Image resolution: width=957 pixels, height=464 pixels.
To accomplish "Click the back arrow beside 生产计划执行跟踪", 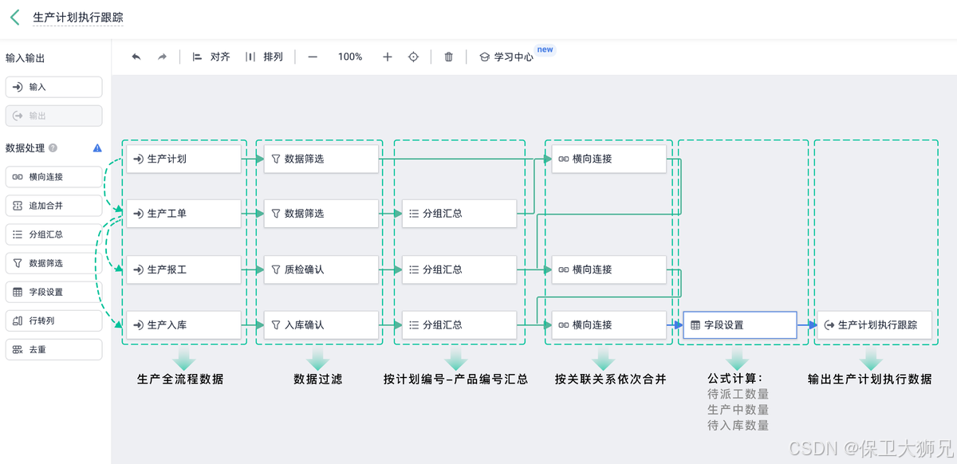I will [x=15, y=18].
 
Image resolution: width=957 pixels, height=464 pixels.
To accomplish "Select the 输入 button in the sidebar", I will [x=53, y=87].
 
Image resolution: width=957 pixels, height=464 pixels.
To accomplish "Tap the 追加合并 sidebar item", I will [x=53, y=206].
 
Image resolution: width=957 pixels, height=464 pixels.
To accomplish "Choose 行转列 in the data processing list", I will [x=53, y=320].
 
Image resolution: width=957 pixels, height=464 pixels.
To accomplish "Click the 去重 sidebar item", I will [x=53, y=349].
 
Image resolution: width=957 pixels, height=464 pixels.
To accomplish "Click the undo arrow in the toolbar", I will [x=136, y=57].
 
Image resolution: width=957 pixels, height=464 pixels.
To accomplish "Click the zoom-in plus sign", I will [x=388, y=57].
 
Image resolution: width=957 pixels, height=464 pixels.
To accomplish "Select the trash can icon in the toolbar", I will [x=449, y=57].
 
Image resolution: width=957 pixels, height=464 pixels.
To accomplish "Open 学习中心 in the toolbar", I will [x=506, y=57].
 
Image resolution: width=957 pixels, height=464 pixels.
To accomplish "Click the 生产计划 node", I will [x=183, y=159].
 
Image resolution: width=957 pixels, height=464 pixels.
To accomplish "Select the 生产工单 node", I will [x=183, y=214].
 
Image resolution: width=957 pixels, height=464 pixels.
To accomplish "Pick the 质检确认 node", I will [x=321, y=269].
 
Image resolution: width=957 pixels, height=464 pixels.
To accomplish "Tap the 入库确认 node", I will [x=321, y=325].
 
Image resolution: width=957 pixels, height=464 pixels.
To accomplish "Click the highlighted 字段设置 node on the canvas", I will [x=739, y=325].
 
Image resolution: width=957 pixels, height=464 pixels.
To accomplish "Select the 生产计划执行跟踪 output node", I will [x=874, y=325].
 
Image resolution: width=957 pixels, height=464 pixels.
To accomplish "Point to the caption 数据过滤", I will [x=318, y=379].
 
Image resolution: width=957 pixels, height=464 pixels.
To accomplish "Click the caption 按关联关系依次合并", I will [x=611, y=379].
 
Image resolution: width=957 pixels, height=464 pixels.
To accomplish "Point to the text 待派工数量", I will [x=738, y=394].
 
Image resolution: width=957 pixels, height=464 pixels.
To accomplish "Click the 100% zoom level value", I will [x=350, y=57].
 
